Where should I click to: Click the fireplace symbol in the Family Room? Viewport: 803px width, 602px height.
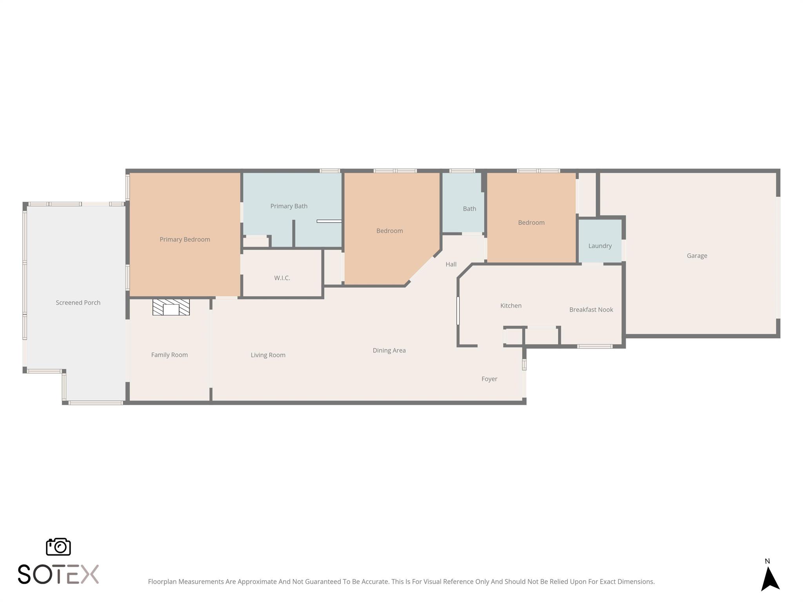click(x=171, y=307)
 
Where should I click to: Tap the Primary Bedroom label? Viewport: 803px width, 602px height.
click(x=185, y=239)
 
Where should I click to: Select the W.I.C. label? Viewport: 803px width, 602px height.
click(x=282, y=278)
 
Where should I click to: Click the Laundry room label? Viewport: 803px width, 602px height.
click(x=600, y=246)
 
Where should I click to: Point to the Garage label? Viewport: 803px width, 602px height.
click(x=697, y=256)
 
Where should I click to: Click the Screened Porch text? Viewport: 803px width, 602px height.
click(x=78, y=303)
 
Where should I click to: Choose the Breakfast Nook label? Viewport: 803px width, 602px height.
click(x=591, y=310)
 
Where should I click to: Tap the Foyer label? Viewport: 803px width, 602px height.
click(x=489, y=379)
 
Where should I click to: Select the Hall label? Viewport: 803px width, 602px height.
click(x=451, y=264)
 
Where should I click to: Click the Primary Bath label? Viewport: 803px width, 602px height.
click(x=289, y=206)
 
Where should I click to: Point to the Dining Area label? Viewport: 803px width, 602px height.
click(x=389, y=350)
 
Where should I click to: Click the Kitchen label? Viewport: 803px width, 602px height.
click(x=511, y=306)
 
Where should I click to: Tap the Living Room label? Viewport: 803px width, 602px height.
click(x=268, y=355)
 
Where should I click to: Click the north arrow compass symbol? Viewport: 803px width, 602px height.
click(x=770, y=579)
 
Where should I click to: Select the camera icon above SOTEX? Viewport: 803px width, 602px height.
click(x=58, y=547)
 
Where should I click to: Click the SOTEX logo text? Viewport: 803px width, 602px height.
click(x=58, y=574)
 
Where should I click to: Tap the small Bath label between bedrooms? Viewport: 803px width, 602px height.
click(x=469, y=209)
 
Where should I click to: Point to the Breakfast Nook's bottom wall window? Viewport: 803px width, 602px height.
click(x=594, y=346)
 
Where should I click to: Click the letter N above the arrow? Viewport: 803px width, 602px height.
click(x=767, y=561)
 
